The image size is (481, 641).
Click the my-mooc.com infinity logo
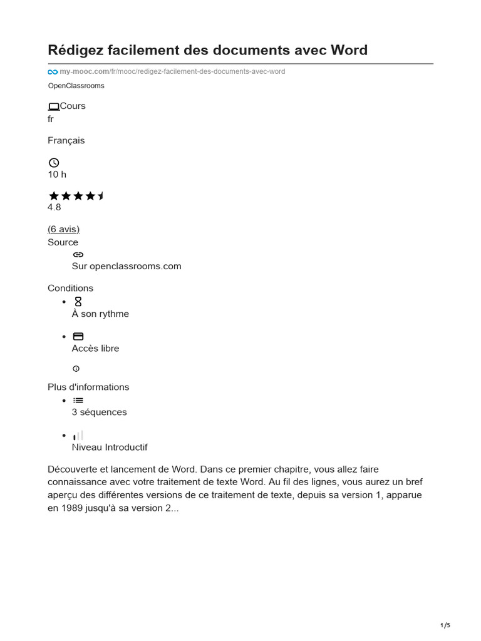point(53,72)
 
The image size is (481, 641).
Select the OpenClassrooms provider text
point(76,86)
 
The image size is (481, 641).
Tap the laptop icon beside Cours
point(53,106)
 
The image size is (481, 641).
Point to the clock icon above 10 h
point(53,163)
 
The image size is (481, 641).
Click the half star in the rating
point(101,196)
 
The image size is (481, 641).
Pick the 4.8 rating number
point(54,207)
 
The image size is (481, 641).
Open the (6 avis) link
point(63,229)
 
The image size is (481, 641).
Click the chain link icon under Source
point(78,255)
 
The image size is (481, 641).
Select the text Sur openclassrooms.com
point(127,266)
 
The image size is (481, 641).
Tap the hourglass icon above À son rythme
point(78,302)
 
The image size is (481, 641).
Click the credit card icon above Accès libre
point(78,336)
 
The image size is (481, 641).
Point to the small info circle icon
point(76,369)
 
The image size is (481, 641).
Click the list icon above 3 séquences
point(78,401)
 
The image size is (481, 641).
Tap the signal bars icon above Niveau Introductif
point(78,435)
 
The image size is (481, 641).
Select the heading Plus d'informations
point(88,387)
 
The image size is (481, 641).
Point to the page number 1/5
point(445,625)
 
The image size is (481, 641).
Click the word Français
point(66,141)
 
